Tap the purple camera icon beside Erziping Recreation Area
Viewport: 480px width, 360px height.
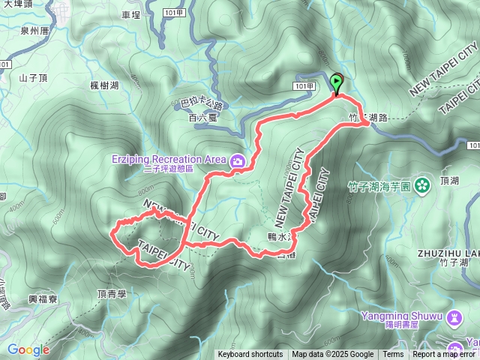[x=238, y=160]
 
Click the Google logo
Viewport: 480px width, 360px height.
[x=28, y=349]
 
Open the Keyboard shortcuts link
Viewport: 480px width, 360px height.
[x=250, y=355]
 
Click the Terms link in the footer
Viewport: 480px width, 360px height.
[x=393, y=355]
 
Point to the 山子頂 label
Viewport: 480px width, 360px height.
[x=33, y=77]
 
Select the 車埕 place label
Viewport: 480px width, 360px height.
[x=130, y=14]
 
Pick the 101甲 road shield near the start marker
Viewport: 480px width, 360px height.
[x=305, y=86]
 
